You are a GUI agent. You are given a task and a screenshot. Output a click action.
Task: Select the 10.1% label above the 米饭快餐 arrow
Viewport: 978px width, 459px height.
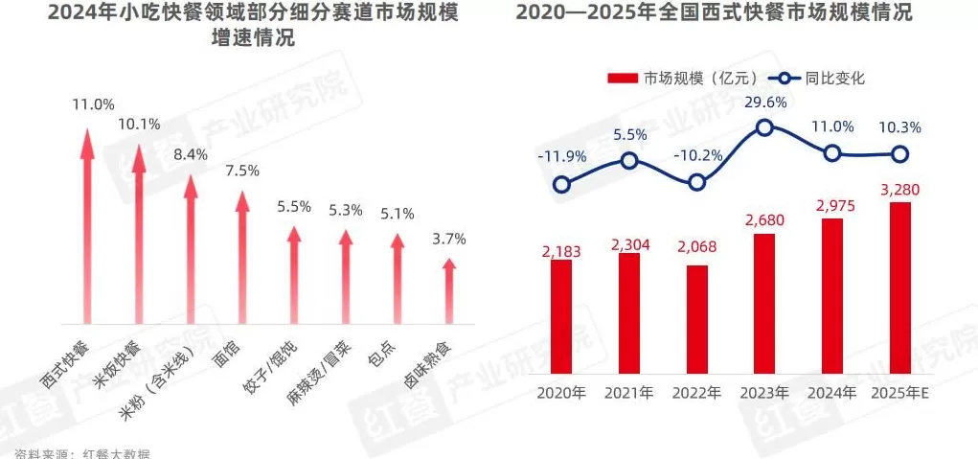138,124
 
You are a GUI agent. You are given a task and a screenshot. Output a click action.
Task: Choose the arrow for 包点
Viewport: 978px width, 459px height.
398,278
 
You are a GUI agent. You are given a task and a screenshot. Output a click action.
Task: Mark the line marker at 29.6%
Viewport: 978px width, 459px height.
764,127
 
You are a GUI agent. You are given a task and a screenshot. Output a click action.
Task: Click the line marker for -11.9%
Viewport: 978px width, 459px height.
562,185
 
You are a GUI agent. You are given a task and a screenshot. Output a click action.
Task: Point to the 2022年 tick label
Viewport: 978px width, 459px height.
696,393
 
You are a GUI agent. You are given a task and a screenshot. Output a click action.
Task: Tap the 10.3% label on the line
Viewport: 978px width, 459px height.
899,127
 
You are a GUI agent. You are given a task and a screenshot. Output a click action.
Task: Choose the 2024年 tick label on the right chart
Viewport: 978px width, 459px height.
831,393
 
